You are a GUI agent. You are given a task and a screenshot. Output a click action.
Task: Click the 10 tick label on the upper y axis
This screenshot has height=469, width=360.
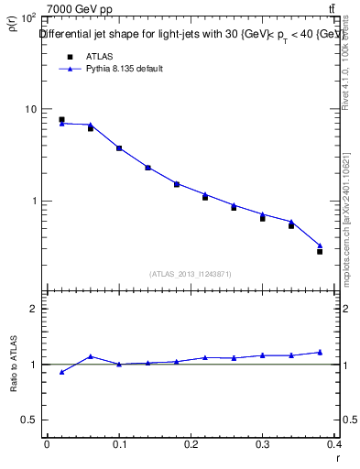(30, 109)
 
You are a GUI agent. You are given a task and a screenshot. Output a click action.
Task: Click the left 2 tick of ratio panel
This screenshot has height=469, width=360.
(33, 309)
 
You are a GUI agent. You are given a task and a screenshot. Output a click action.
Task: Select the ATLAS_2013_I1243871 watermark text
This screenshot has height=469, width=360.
(191, 274)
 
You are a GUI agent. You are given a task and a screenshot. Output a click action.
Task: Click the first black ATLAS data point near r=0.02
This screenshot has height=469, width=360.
(61, 119)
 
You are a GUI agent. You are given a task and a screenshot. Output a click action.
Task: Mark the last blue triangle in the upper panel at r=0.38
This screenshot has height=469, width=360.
(320, 245)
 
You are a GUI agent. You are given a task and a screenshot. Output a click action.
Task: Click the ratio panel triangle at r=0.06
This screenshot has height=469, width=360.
(90, 356)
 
